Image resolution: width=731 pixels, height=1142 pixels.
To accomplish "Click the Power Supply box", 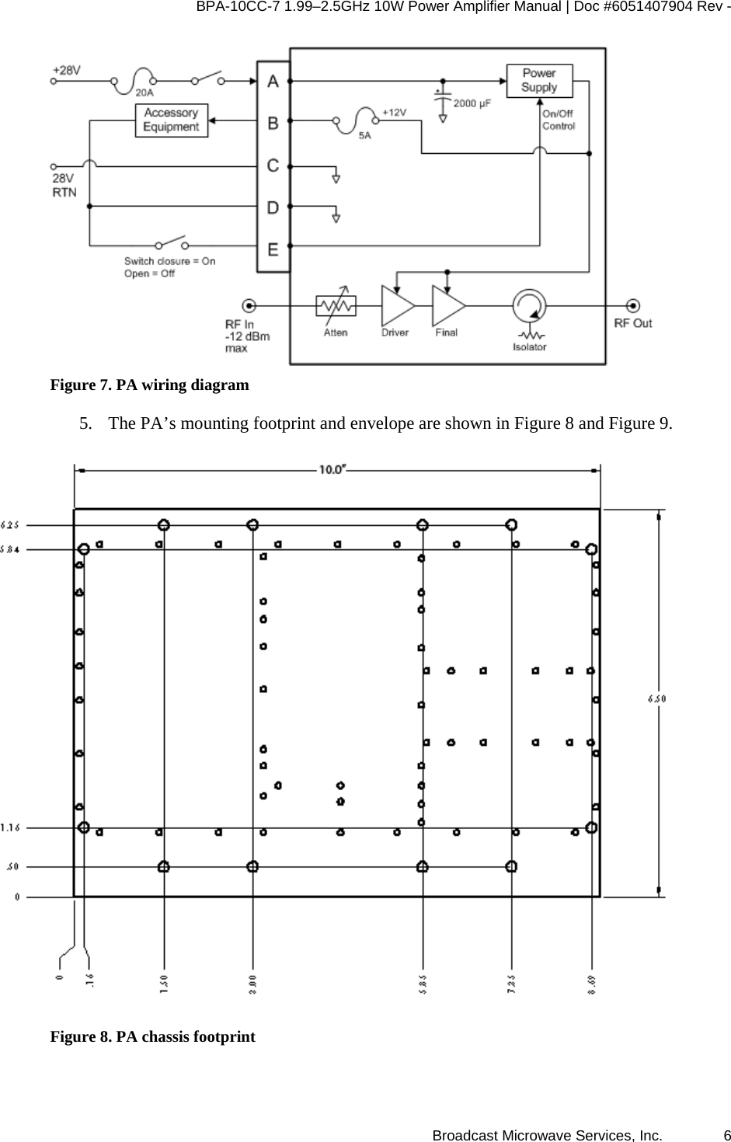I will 538,81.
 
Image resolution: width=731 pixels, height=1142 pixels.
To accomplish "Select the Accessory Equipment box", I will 171,120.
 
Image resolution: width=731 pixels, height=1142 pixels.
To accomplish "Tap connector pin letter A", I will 273,81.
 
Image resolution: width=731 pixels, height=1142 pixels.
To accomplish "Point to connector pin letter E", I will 273,249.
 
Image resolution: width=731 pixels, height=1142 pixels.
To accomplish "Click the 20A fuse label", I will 144,92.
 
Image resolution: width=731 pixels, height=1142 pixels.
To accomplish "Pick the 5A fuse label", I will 364,134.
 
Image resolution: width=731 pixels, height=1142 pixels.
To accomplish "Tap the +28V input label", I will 67,69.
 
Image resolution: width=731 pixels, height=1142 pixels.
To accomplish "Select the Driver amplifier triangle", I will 397,305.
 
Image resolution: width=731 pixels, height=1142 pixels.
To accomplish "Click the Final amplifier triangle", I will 447,305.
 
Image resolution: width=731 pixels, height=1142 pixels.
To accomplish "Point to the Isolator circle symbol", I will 529,305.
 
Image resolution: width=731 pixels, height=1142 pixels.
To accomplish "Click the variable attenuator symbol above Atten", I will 336,305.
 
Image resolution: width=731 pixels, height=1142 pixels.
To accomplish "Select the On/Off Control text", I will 558,120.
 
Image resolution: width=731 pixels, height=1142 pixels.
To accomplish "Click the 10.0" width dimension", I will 332,469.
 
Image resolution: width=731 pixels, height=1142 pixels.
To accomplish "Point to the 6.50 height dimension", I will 657,698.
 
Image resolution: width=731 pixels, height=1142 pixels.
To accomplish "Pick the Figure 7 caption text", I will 149,385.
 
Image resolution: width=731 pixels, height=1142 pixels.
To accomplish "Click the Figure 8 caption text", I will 152,1036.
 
